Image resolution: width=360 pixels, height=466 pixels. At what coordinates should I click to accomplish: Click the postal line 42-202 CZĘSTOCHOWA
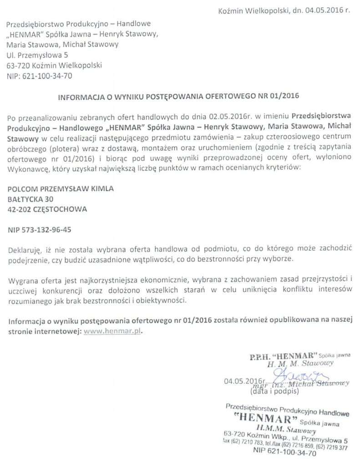tap(47, 210)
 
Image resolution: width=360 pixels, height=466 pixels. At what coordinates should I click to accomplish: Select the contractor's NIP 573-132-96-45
tap(39, 230)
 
